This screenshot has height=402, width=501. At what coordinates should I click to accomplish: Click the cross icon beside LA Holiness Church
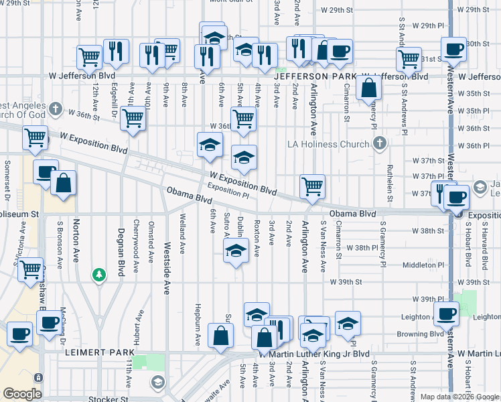point(380,143)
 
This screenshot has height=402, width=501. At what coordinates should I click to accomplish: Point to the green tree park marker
point(99,275)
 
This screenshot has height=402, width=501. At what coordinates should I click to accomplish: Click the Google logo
point(22,394)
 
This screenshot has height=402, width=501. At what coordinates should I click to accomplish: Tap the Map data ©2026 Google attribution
point(459,397)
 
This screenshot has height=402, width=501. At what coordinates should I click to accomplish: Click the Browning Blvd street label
point(420,333)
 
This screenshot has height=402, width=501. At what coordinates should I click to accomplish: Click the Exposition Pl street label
point(228,192)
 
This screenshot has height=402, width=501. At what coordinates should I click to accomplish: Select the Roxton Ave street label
point(257,237)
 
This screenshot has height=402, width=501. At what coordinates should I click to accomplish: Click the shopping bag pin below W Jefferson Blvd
point(368,87)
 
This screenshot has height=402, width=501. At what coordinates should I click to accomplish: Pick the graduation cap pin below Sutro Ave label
point(234,252)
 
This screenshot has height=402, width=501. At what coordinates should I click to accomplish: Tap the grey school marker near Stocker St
point(157,383)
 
